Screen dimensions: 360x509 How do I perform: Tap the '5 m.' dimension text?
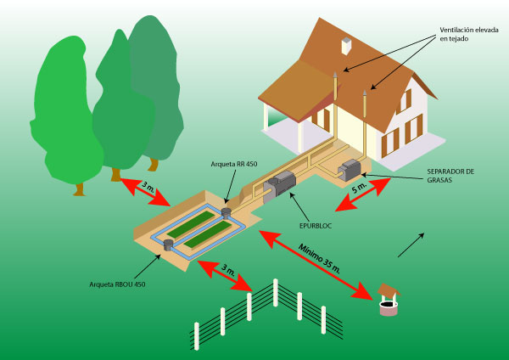pos(360,186)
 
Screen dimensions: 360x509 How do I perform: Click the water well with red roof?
pos(388,300)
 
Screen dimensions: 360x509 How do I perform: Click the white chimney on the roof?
pos(346,48)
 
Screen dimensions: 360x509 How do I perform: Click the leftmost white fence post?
pos(196,335)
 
